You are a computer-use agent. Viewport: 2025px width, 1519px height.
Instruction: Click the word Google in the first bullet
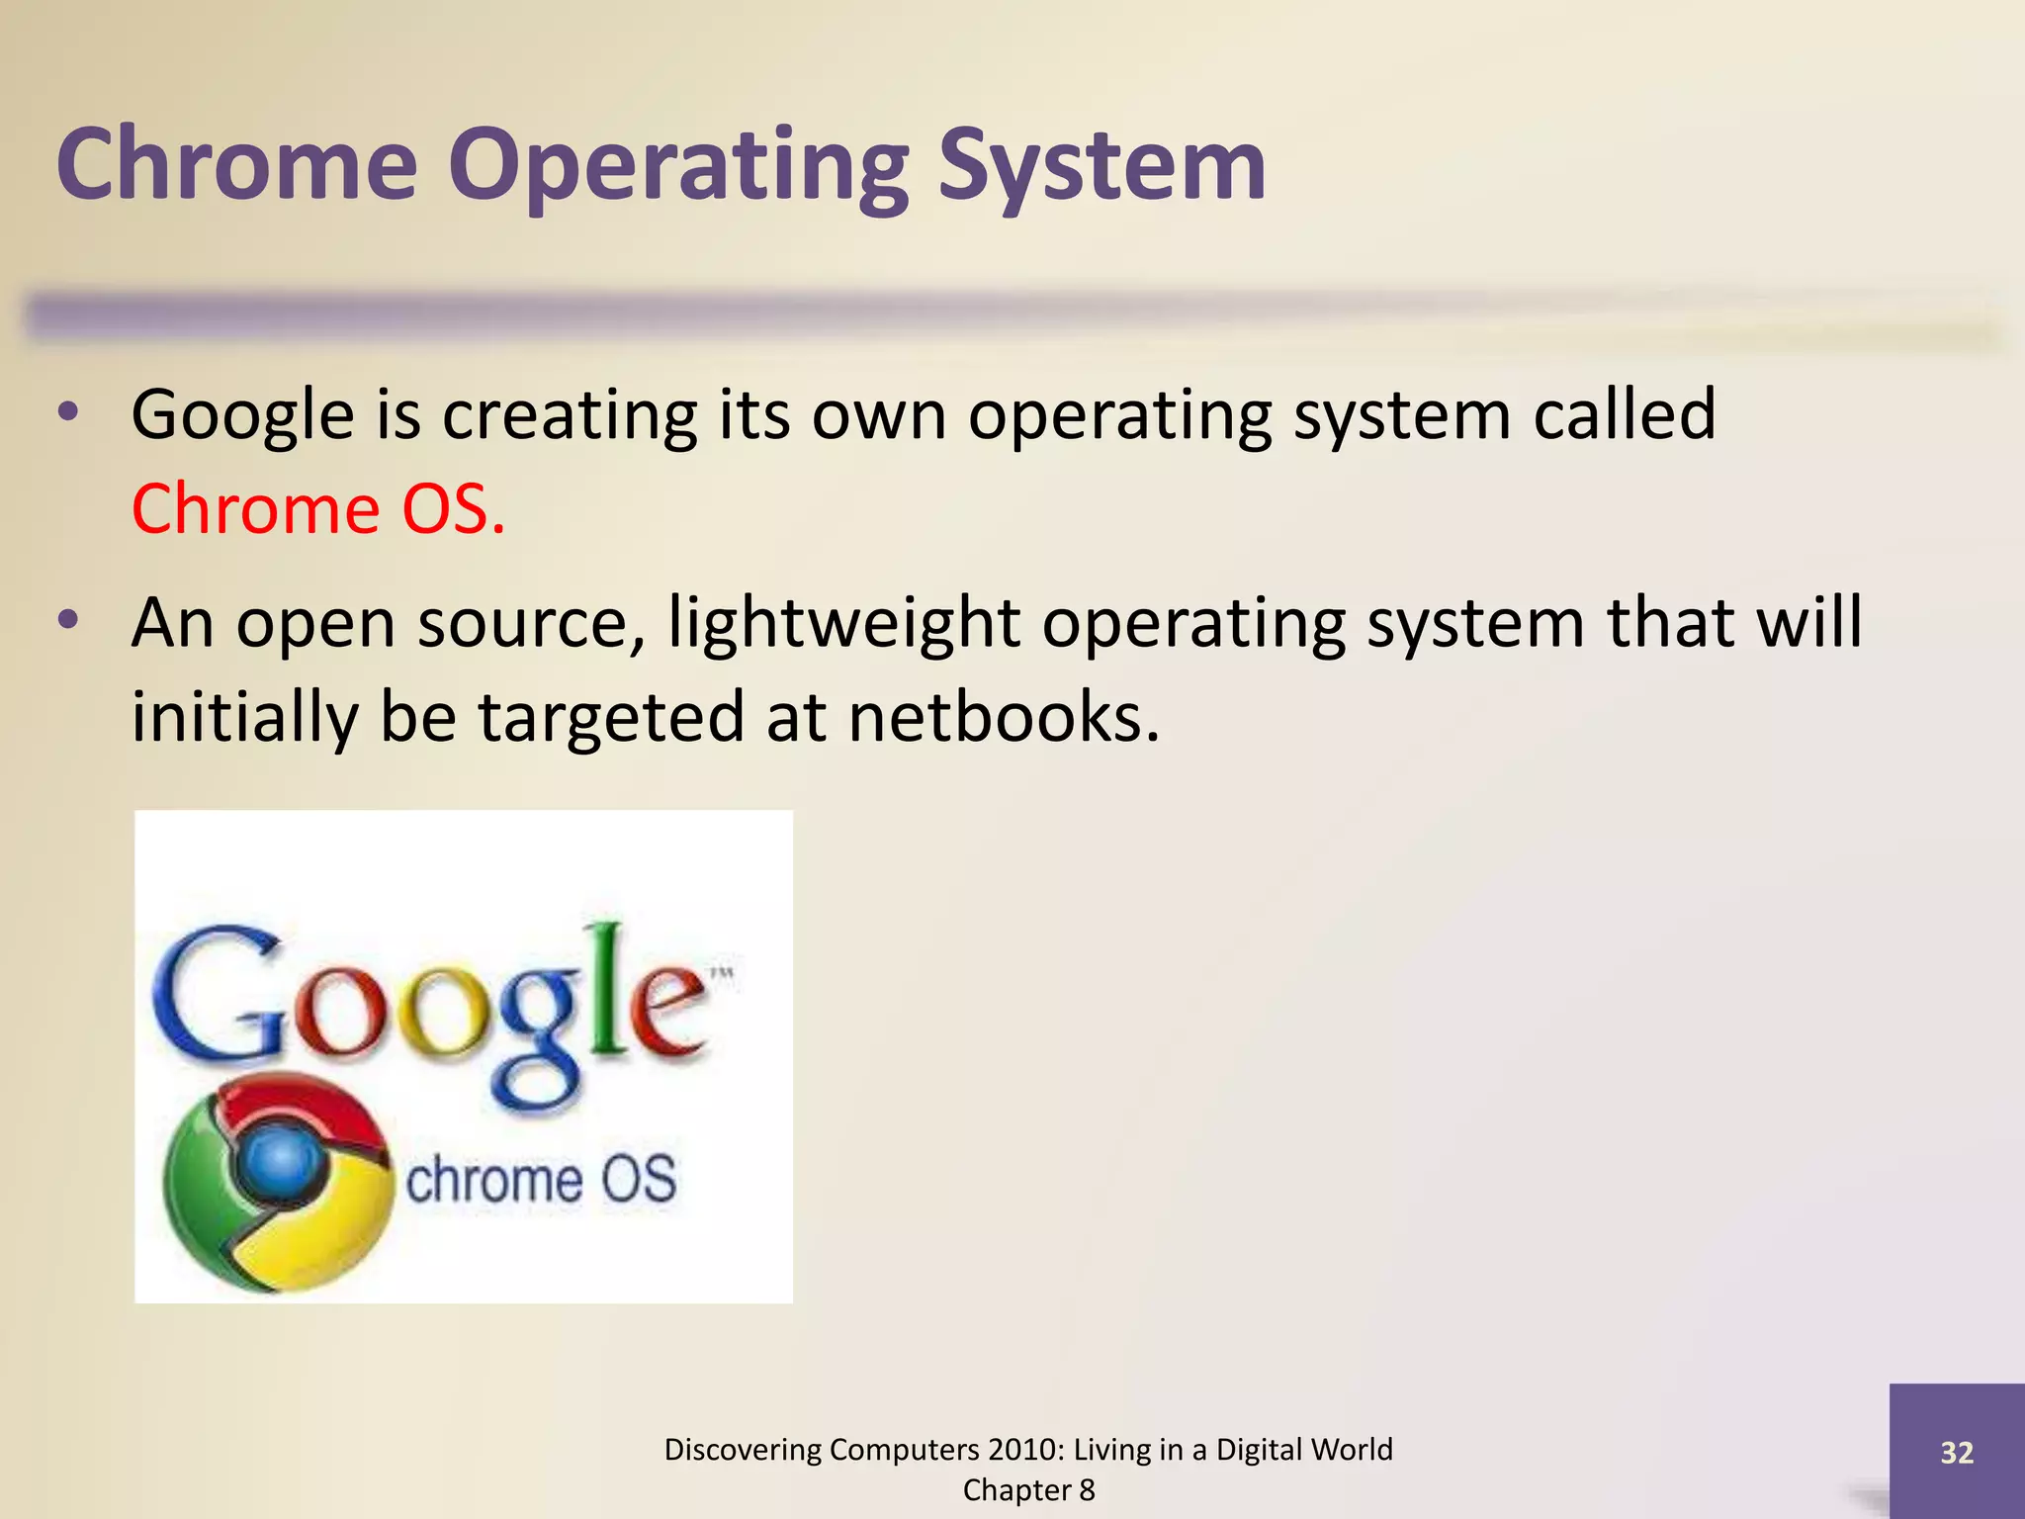click(x=242, y=415)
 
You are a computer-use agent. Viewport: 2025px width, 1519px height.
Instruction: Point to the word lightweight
click(x=843, y=623)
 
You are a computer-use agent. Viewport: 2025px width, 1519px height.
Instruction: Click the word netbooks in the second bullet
click(x=1003, y=717)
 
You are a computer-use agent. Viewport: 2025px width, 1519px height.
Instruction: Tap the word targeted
click(x=611, y=717)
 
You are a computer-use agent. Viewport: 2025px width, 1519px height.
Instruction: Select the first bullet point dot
click(x=67, y=412)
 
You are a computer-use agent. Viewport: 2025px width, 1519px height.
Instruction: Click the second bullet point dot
click(x=67, y=620)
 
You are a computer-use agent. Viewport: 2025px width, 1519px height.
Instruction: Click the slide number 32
click(x=1957, y=1452)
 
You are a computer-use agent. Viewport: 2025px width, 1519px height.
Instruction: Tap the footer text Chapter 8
click(x=1028, y=1489)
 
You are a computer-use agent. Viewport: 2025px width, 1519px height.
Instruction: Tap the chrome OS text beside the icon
click(x=541, y=1180)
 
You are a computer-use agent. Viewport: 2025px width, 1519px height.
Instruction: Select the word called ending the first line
click(x=1624, y=415)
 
